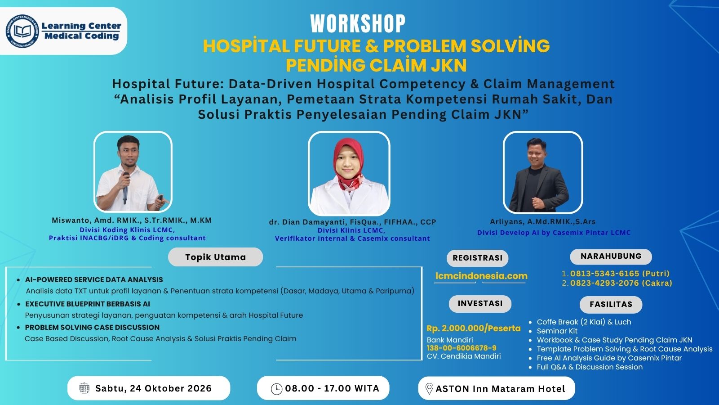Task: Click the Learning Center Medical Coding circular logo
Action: point(23,31)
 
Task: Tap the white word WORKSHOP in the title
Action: point(358,24)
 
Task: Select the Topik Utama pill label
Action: point(215,257)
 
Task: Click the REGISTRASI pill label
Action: point(477,258)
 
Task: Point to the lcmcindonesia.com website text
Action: point(481,276)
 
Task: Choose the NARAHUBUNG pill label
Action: point(611,256)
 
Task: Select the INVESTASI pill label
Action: point(480,304)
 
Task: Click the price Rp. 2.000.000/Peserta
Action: point(474,328)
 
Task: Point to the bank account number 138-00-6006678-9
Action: point(462,348)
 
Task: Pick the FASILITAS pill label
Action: point(611,304)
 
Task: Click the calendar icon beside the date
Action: point(84,388)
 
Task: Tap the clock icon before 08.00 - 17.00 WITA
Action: point(276,389)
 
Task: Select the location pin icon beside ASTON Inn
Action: point(429,389)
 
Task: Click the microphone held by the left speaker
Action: point(125,188)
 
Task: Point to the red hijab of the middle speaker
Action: point(349,161)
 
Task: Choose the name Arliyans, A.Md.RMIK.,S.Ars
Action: point(542,221)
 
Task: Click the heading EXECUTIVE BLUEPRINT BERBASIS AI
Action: point(87,304)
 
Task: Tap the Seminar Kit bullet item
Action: point(557,331)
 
